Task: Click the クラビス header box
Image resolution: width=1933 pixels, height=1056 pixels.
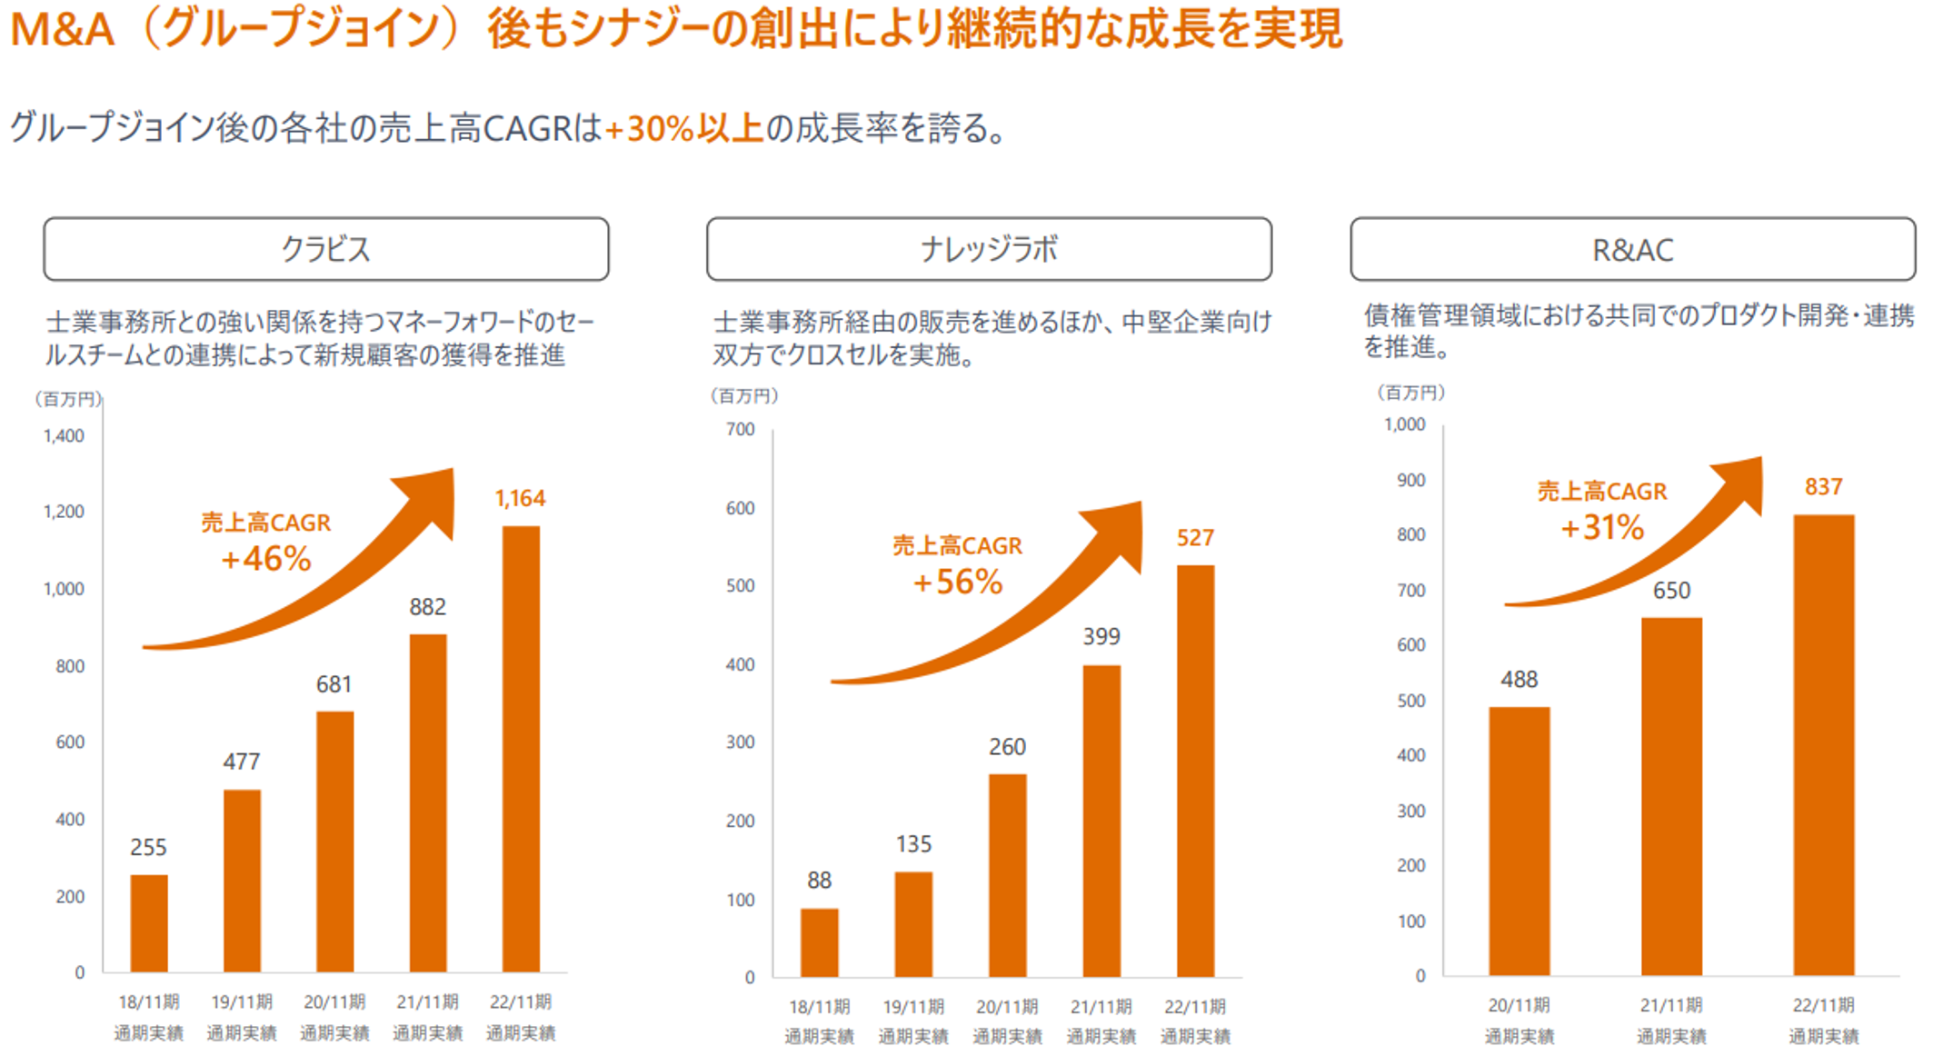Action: coord(325,249)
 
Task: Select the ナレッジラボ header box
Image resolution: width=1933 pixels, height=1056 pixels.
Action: coord(989,249)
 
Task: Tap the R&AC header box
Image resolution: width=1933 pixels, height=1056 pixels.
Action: coord(1632,249)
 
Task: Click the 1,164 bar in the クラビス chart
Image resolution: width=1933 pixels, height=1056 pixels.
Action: coord(521,749)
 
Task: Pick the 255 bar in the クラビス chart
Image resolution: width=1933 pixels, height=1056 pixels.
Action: coord(149,923)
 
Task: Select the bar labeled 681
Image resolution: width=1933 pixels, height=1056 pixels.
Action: coord(334,842)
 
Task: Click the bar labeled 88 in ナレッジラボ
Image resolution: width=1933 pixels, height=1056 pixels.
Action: coord(819,942)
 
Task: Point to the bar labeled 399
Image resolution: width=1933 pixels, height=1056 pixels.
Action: coord(1101,821)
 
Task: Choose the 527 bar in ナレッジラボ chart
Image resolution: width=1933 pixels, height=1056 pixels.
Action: coord(1195,771)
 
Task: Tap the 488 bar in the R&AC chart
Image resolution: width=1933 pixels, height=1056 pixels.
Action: coord(1519,841)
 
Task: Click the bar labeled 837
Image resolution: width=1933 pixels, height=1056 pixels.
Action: coord(1823,745)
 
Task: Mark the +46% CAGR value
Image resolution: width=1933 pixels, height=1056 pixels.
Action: coord(266,559)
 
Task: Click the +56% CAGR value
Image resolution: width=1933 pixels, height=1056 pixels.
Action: coord(958,582)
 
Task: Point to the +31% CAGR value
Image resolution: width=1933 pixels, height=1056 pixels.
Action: coord(1602,527)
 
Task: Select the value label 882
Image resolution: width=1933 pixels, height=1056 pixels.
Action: coord(427,606)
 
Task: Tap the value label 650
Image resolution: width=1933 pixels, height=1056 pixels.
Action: coord(1671,591)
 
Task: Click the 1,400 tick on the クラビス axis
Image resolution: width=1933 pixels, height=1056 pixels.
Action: coord(64,436)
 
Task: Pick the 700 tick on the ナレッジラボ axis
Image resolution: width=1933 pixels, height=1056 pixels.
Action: coord(740,429)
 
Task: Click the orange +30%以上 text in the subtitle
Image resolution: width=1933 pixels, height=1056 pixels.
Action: coord(684,129)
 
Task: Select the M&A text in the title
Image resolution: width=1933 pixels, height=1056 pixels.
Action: coord(62,29)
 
